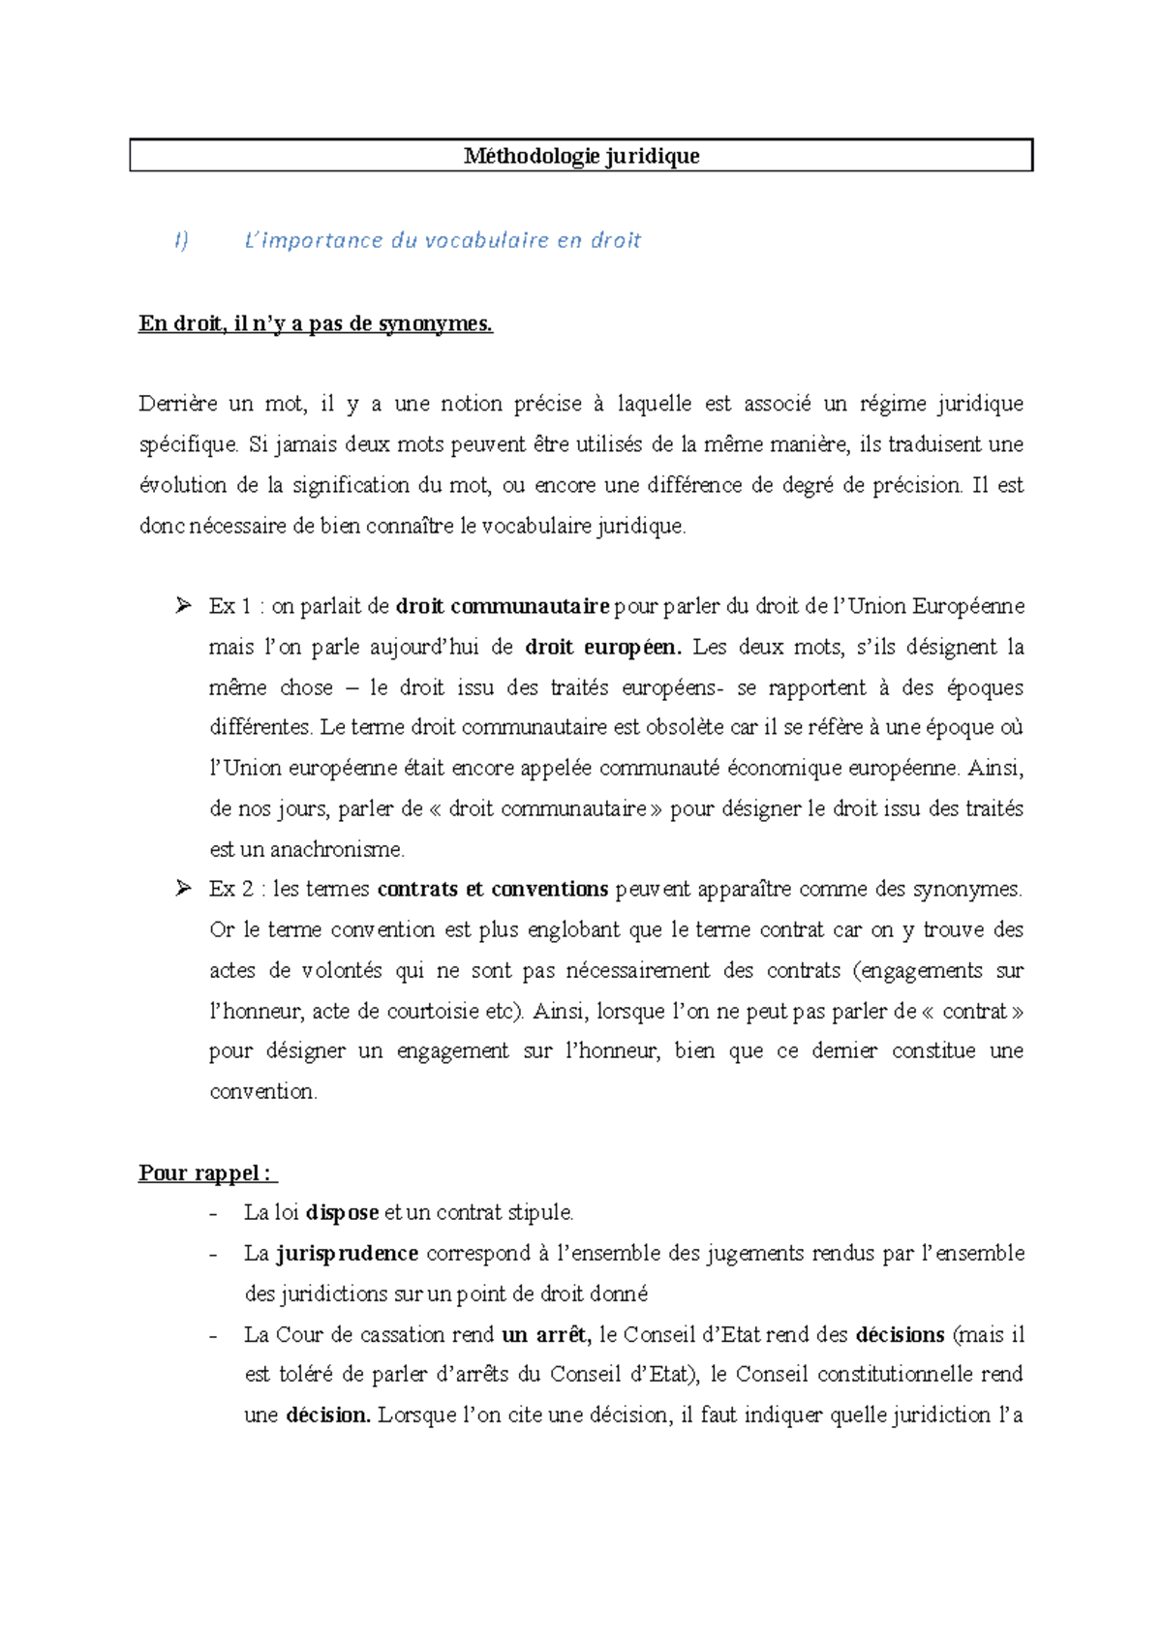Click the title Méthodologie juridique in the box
pos(581,156)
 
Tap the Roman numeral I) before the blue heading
pos(181,240)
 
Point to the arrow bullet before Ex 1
pos(183,606)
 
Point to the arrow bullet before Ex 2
pos(183,889)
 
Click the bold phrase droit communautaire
pos(503,607)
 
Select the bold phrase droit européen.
pos(603,647)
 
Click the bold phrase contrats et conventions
pos(492,889)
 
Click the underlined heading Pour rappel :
pos(206,1173)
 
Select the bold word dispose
pos(342,1213)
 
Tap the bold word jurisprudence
pos(348,1254)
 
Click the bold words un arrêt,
pos(546,1335)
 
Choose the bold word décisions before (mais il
pos(900,1335)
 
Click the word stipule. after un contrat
pos(540,1213)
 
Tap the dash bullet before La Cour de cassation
pos(214,1336)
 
